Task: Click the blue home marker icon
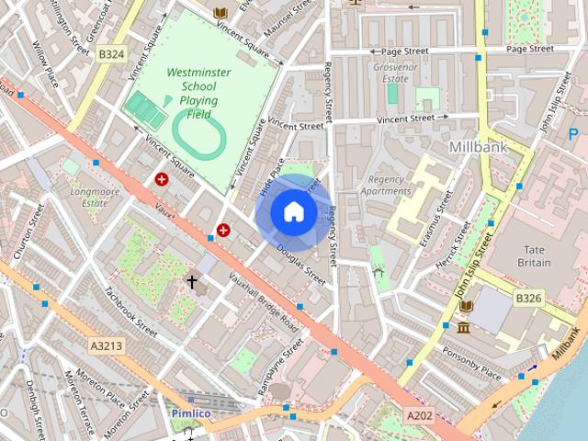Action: [293, 212]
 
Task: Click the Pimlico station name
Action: [191, 413]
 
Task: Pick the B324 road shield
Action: [111, 55]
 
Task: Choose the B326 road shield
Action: [528, 299]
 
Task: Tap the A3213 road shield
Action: [107, 345]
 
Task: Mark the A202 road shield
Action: [420, 416]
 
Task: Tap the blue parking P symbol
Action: [574, 135]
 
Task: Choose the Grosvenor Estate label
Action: [396, 73]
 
